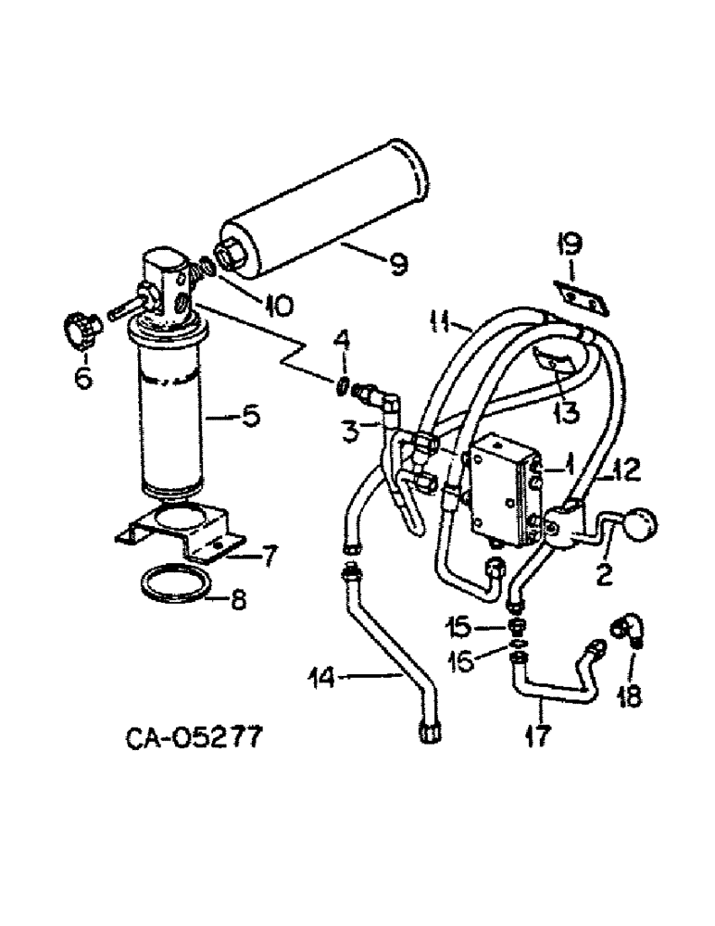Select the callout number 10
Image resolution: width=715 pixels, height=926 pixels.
click(x=278, y=302)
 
